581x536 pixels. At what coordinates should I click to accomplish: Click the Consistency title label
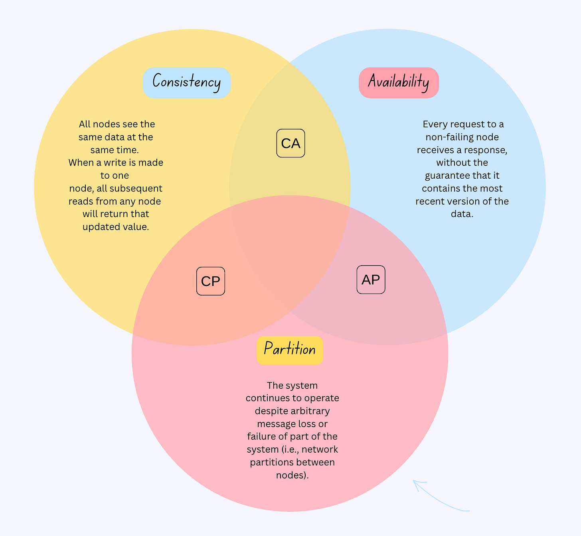(187, 83)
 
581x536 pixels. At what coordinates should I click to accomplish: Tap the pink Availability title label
(399, 83)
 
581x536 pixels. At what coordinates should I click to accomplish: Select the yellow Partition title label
(290, 350)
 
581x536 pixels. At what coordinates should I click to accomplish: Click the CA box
(291, 143)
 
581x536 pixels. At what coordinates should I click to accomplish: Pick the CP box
(211, 281)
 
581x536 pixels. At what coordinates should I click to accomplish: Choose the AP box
(371, 280)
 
